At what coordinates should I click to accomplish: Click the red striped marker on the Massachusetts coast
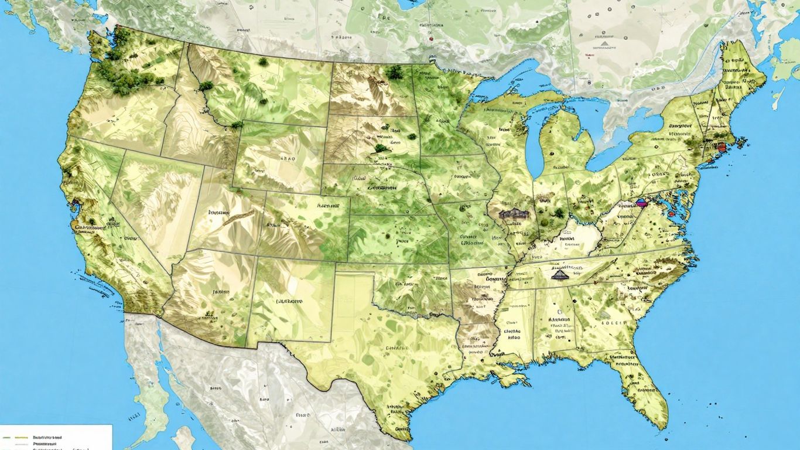721,146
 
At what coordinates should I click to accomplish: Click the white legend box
56,437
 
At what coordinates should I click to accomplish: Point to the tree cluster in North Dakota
394,72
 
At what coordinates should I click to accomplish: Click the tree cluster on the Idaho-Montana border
206,86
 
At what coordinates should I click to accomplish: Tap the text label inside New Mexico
289,301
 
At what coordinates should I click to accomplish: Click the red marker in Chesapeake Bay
671,214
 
